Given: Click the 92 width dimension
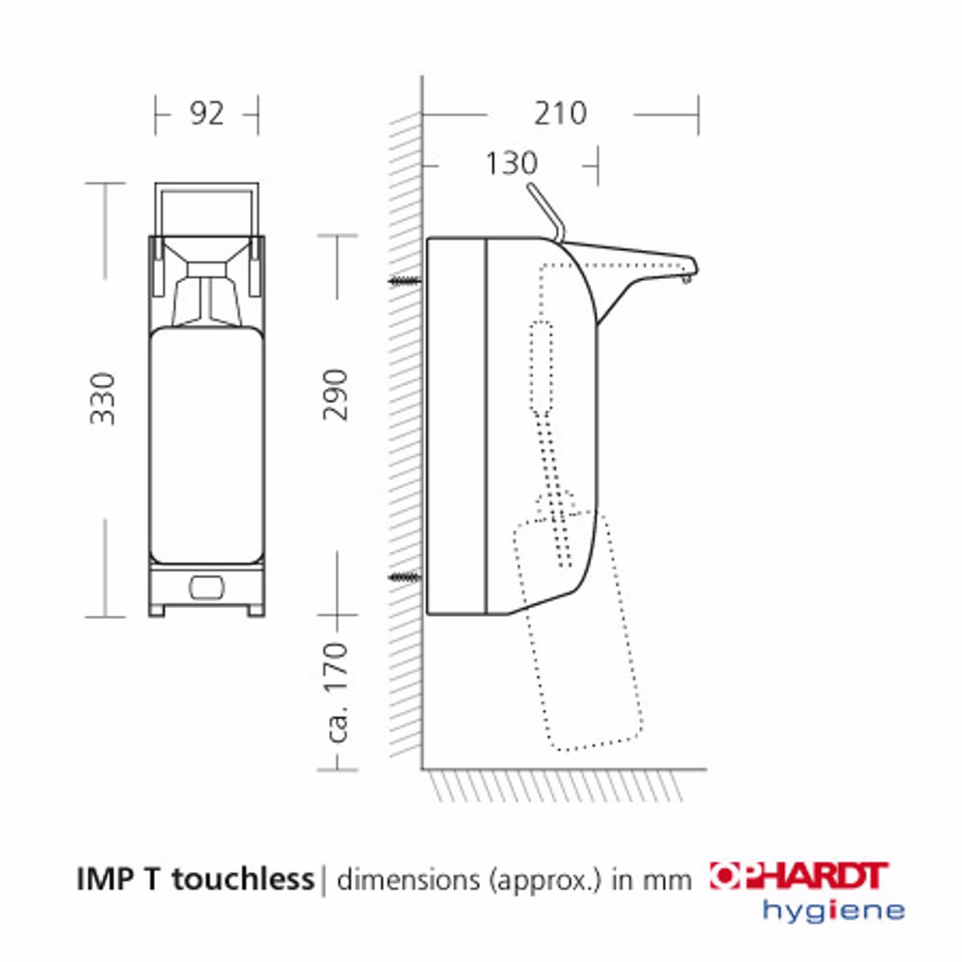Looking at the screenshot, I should (207, 114).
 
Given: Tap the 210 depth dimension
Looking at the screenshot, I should (560, 114).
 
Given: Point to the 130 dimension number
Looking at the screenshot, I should (511, 164).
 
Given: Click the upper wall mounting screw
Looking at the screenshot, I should (406, 281).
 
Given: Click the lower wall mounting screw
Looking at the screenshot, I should (406, 577).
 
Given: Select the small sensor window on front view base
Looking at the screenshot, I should (207, 584).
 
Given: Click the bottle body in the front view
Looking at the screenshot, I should (207, 443).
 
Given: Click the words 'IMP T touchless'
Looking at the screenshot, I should (195, 877).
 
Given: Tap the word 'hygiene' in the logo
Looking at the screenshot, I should (833, 909).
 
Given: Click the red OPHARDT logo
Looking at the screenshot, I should (798, 875).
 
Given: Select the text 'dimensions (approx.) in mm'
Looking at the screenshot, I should (514, 879).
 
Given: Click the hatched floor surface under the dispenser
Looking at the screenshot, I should (558, 785).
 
